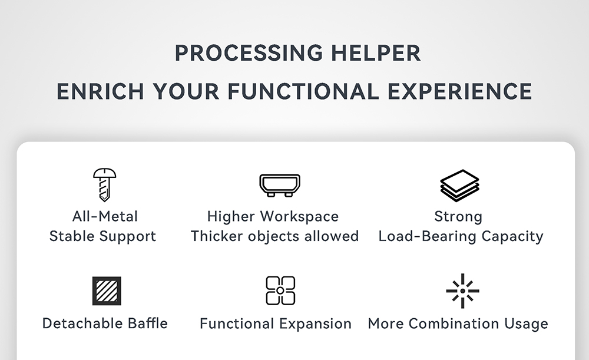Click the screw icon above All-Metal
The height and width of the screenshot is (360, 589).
pyautogui.click(x=104, y=184)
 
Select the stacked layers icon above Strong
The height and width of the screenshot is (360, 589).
pyautogui.click(x=459, y=186)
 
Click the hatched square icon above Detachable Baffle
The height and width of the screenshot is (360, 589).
pyautogui.click(x=107, y=291)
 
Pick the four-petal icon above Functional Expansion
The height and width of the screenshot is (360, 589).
pyautogui.click(x=280, y=291)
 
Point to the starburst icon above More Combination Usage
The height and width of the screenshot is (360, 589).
pyautogui.click(x=462, y=291)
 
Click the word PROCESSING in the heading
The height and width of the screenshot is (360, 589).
pyautogui.click(x=249, y=53)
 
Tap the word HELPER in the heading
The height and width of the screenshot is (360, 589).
pyautogui.click(x=376, y=53)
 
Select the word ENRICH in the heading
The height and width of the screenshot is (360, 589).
pyautogui.click(x=100, y=92)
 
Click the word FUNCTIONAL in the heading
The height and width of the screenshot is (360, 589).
pyautogui.click(x=303, y=92)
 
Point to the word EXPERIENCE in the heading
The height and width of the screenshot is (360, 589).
pyautogui.click(x=460, y=92)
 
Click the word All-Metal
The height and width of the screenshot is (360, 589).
pyautogui.click(x=105, y=216)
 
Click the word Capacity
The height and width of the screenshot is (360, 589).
pyautogui.click(x=512, y=237)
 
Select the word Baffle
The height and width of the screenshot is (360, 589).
pyautogui.click(x=148, y=323)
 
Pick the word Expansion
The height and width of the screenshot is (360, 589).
pyautogui.click(x=315, y=324)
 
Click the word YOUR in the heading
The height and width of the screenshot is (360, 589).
pyautogui.click(x=186, y=92)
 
